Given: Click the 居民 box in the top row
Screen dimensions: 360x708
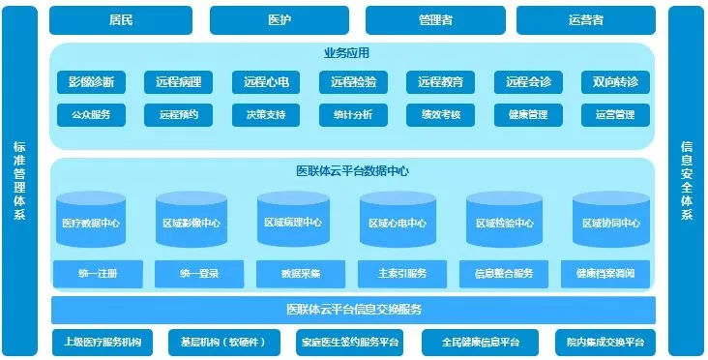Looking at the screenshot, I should click(x=121, y=19).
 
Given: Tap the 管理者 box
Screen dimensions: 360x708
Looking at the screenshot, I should click(x=435, y=19).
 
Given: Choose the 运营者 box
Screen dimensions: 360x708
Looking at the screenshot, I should click(x=586, y=19).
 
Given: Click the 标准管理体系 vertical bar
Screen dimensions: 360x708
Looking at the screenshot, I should click(x=19, y=180).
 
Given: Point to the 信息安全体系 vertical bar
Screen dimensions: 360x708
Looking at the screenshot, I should click(x=687, y=180).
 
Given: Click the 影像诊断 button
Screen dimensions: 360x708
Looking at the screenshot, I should click(x=91, y=83).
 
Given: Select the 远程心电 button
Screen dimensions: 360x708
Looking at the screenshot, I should click(x=266, y=83).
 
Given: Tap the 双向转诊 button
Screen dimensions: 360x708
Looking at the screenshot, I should click(x=614, y=83).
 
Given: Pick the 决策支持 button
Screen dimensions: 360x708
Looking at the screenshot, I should click(x=266, y=115).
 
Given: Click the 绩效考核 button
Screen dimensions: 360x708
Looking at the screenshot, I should click(x=440, y=115).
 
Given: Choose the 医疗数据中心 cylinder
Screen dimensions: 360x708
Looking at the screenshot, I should click(x=91, y=223).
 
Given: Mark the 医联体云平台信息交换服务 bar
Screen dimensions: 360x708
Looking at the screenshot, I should click(x=353, y=310).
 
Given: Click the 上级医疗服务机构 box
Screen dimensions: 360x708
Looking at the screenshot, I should click(x=102, y=342).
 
